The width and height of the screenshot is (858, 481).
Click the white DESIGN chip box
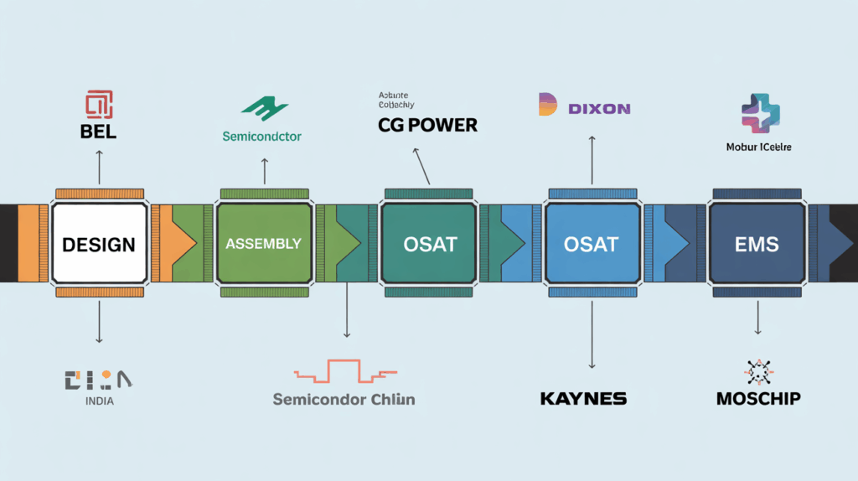point(99,244)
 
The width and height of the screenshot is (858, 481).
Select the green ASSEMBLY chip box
point(263,244)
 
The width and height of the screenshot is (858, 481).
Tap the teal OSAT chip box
point(427,244)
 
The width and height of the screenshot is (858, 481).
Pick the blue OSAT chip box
point(592,244)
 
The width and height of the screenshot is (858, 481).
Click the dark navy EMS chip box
point(756,244)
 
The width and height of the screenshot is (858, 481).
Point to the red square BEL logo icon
point(99,105)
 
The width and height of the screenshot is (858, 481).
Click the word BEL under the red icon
point(99,132)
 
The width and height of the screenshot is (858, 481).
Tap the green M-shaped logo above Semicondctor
point(264,108)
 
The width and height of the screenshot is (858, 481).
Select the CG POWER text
point(427,126)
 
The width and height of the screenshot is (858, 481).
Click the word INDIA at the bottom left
point(99,401)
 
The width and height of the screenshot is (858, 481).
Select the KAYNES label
point(583,398)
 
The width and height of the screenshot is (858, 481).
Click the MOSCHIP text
point(758,398)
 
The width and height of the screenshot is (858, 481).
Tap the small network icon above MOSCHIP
point(759,372)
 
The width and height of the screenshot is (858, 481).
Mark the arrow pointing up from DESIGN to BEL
point(99,168)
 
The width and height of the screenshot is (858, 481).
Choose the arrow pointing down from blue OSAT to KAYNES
point(592,335)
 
